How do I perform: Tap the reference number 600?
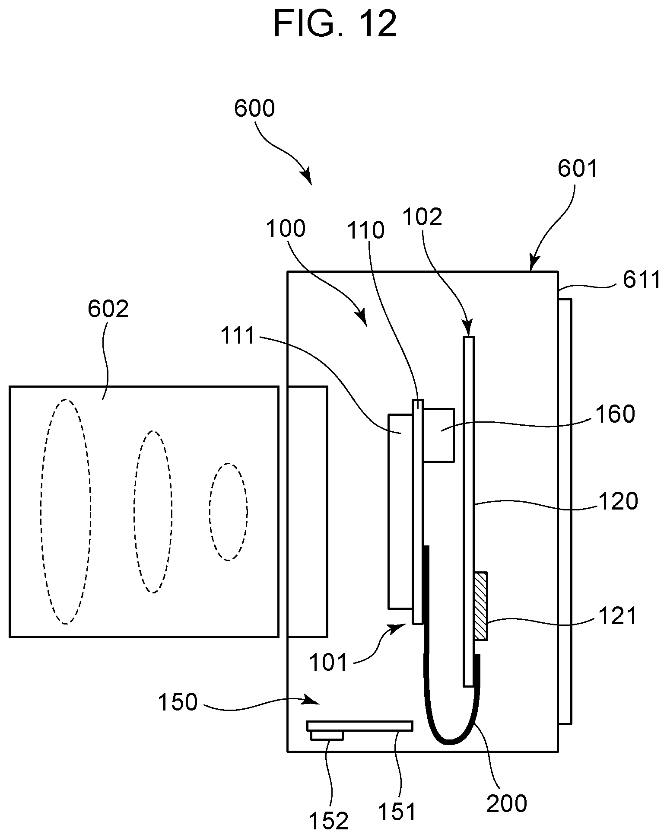[x=254, y=108]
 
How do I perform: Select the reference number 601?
[x=577, y=169]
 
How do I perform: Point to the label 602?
[x=108, y=309]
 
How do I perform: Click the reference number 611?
[x=642, y=280]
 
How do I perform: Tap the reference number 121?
[x=617, y=616]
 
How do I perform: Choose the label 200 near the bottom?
[x=507, y=803]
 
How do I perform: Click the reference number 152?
[x=328, y=821]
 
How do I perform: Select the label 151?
[x=396, y=811]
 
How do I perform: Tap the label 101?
[x=328, y=663]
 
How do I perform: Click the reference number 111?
[x=238, y=336]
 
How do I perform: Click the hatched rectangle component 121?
[x=480, y=606]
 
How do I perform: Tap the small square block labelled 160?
[x=438, y=435]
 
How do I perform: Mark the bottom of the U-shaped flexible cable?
[x=449, y=742]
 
